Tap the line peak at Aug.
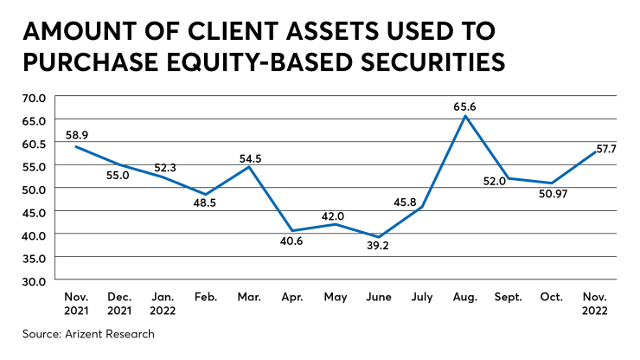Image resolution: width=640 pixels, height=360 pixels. pyautogui.click(x=465, y=116)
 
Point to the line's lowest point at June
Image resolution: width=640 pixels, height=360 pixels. pyautogui.click(x=378, y=237)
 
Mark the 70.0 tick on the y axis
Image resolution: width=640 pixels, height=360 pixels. pyautogui.click(x=35, y=97)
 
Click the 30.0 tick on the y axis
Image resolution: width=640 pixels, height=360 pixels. pyautogui.click(x=35, y=280)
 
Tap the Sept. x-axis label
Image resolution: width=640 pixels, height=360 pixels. pyautogui.click(x=509, y=296)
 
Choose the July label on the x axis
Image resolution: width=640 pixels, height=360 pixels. pyautogui.click(x=421, y=296)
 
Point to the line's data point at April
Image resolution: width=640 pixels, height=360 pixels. pyautogui.click(x=291, y=231)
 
